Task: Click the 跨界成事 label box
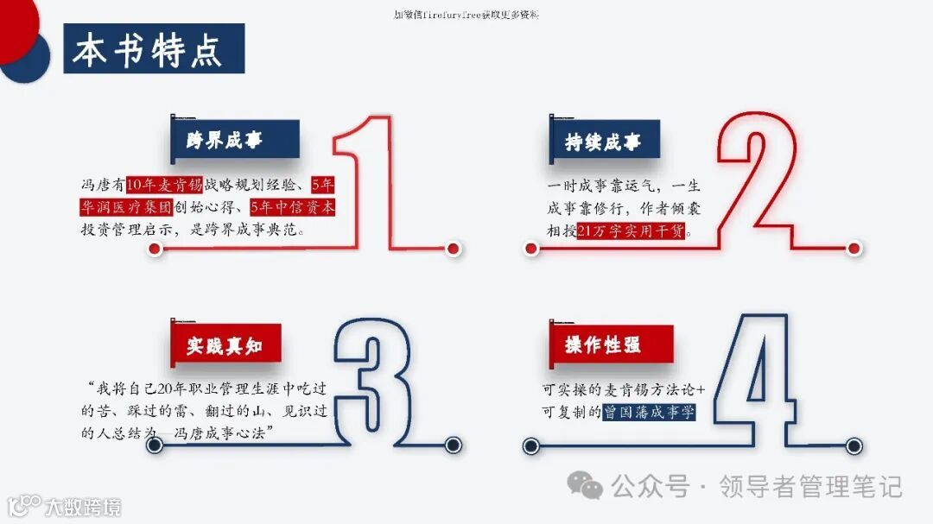(225, 141)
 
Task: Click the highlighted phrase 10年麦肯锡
(163, 184)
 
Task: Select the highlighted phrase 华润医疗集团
(125, 207)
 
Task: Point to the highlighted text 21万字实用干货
(632, 231)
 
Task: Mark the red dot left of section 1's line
(155, 249)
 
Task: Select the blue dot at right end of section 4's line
(854, 445)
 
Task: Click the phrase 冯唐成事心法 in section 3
(222, 433)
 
